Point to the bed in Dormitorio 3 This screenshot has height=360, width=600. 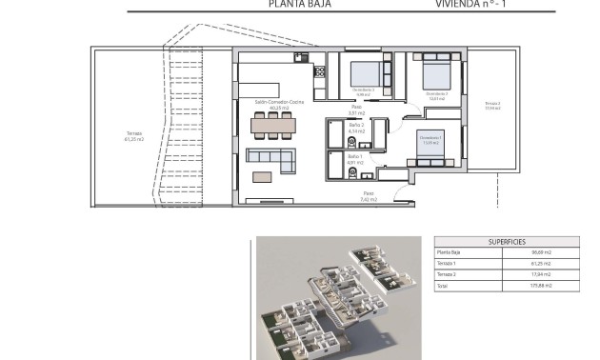(x=365, y=73)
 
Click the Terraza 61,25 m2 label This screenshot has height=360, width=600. (x=133, y=136)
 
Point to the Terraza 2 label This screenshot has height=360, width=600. (x=491, y=105)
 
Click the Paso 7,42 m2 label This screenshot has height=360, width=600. (x=368, y=196)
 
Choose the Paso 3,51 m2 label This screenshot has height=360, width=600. (x=305, y=110)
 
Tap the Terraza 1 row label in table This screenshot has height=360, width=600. (x=448, y=263)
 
